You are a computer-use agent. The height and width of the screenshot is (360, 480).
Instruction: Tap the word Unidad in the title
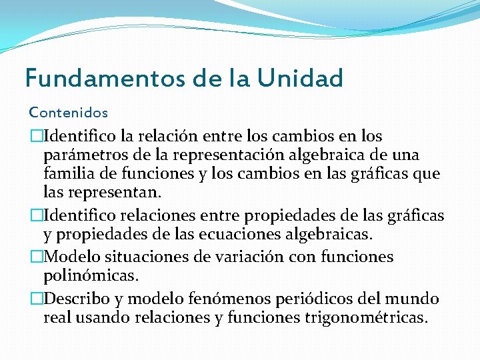coord(301,78)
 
